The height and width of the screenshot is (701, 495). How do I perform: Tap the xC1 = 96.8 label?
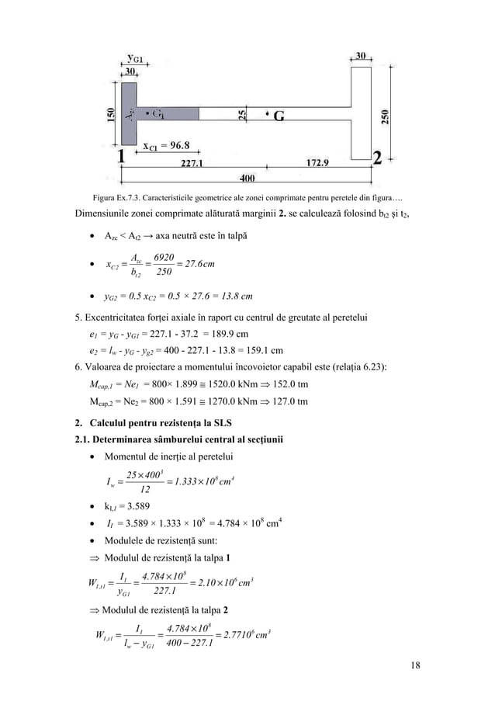point(167,144)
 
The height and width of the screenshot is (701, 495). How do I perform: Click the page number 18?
point(408,666)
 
